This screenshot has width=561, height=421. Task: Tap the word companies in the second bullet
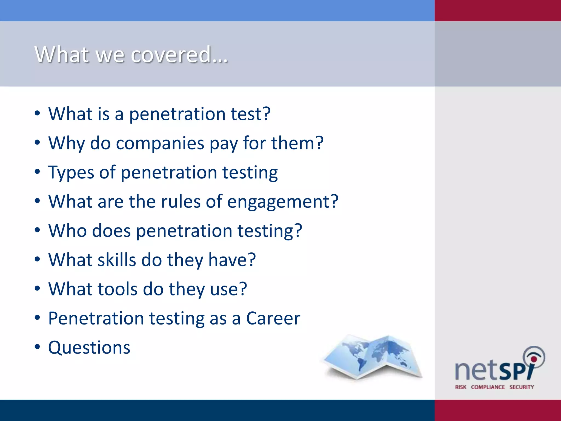coord(160,143)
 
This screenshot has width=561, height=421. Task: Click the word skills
coord(117,260)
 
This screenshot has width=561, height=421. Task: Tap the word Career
coord(273,318)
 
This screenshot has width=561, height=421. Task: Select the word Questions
coord(89,348)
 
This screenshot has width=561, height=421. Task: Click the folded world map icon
coord(373,356)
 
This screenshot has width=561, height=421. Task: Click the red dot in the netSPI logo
coord(534,359)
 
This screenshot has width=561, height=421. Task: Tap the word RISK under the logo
coord(461,387)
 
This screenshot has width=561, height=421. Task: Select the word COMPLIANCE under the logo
coord(488,387)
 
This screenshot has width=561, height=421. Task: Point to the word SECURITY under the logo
coord(522,387)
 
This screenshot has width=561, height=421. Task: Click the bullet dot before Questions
coord(37,347)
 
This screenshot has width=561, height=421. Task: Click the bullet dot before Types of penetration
coord(37,172)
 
